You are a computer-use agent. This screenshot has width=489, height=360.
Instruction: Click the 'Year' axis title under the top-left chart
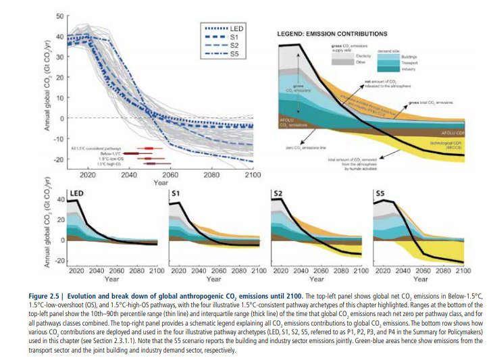[161, 183]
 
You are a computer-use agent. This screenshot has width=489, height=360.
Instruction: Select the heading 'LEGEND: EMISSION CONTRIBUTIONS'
[330, 33]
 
